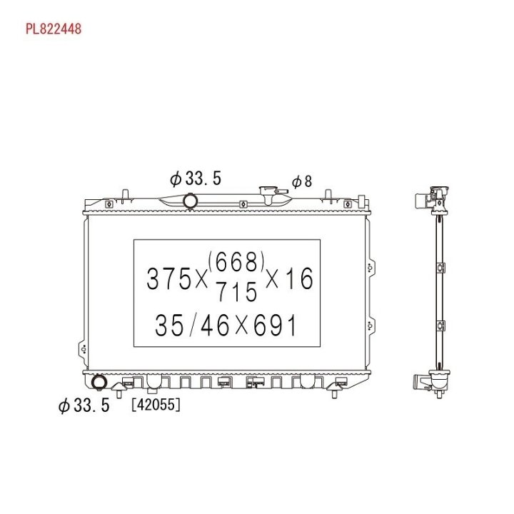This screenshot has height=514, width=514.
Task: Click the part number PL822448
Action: (x=54, y=29)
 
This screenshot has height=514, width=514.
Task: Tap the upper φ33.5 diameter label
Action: (x=196, y=178)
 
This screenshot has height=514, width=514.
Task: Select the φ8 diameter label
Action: (x=302, y=181)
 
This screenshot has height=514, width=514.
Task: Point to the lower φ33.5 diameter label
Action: (x=84, y=405)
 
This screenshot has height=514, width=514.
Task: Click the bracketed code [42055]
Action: (x=156, y=405)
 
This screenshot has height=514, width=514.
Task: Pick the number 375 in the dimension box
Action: (x=168, y=278)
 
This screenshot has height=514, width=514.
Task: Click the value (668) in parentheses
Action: (x=236, y=261)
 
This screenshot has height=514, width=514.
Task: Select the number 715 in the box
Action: (x=237, y=291)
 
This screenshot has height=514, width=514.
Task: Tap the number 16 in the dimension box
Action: (x=298, y=278)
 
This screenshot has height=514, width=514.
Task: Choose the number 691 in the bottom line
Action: (x=276, y=325)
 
